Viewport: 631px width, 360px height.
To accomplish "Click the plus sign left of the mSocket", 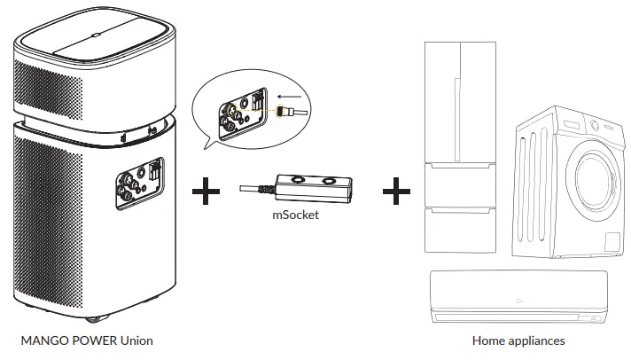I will [206, 191].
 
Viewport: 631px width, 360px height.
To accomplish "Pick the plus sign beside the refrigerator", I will [396, 191].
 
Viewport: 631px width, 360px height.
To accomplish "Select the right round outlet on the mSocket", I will [330, 181].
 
